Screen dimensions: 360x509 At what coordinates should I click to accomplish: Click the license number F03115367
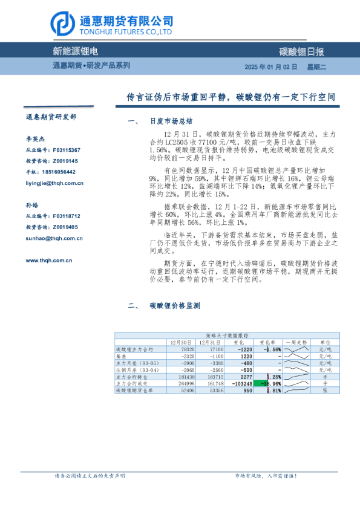(x=67, y=149)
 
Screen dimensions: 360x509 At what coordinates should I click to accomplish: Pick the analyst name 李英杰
(x=35, y=138)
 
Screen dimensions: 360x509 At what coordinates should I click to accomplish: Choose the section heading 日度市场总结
(x=170, y=121)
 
